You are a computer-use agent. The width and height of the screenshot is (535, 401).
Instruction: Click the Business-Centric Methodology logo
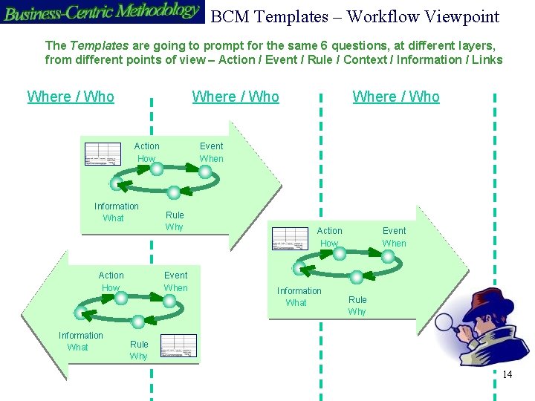tap(102, 11)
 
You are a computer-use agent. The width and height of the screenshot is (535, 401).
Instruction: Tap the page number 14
tap(508, 374)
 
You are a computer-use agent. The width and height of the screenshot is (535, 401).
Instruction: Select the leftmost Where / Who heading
tap(71, 97)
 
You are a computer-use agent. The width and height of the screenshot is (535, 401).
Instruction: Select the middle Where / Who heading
tap(236, 97)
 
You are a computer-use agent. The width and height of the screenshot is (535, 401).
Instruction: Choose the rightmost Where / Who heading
tap(396, 97)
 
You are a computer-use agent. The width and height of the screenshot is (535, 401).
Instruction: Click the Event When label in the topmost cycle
tap(211, 152)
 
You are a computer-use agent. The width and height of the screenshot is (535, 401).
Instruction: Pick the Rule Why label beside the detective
tap(357, 305)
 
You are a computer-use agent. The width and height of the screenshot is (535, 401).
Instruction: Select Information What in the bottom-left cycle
tap(80, 341)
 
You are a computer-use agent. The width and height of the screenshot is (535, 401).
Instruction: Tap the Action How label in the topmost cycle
tap(146, 152)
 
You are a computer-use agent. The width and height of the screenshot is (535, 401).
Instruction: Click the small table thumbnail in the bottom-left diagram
tap(178, 345)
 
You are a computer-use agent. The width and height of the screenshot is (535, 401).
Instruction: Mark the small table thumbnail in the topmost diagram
tap(103, 153)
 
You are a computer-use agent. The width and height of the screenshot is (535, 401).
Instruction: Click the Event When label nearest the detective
tap(394, 237)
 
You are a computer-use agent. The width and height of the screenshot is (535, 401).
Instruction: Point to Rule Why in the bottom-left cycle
tap(139, 350)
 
